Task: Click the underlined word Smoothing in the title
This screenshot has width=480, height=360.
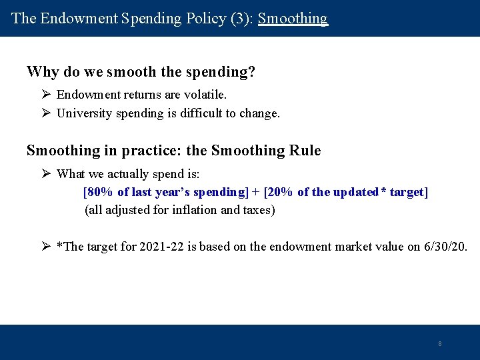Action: click(293, 19)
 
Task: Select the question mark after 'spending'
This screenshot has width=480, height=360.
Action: click(251, 72)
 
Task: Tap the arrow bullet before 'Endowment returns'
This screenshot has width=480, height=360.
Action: click(45, 95)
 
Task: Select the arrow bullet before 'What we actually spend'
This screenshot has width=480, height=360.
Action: click(45, 174)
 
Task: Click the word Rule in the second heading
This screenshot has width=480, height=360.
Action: click(305, 151)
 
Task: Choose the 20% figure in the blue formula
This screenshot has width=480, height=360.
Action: click(281, 193)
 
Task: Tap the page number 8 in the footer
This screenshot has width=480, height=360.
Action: click(439, 344)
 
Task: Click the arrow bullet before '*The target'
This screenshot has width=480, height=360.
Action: click(45, 247)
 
